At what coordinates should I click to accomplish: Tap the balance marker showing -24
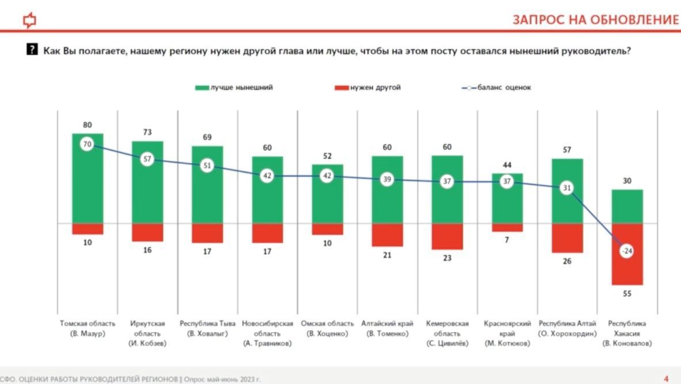(x=627, y=251)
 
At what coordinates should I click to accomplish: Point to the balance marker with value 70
(x=88, y=144)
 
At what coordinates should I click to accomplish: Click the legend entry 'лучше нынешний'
(x=234, y=88)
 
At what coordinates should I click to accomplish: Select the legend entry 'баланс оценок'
(x=496, y=88)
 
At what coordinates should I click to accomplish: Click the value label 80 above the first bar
(x=88, y=125)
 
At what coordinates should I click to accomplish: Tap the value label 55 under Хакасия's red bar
(x=627, y=293)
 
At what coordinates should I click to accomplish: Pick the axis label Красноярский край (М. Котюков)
(x=507, y=333)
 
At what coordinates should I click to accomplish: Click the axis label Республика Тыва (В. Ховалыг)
(x=207, y=328)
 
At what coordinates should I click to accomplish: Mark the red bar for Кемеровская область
(x=447, y=236)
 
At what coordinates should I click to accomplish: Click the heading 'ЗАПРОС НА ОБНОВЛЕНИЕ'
(x=596, y=20)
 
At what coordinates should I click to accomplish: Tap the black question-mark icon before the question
(x=33, y=50)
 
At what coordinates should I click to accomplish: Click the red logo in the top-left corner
(x=29, y=21)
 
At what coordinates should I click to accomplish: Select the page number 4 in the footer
(x=667, y=379)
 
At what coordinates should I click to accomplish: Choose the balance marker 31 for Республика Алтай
(x=567, y=188)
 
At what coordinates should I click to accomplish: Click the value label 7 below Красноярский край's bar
(x=507, y=240)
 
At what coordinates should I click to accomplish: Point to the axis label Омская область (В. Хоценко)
(x=327, y=328)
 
